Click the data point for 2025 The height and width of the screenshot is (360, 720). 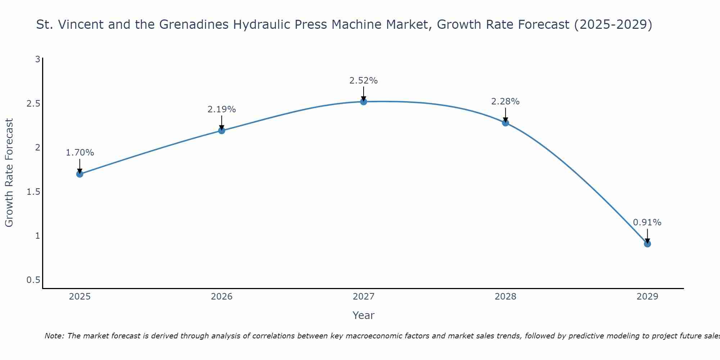80,174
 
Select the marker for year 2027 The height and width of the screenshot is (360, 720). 364,102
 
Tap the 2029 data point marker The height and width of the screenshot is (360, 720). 647,244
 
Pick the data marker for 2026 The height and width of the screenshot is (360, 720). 222,131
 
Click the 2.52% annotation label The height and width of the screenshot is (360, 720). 364,81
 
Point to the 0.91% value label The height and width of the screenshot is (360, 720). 647,222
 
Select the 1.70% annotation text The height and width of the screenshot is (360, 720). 80,153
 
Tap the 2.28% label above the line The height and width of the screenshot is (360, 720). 505,102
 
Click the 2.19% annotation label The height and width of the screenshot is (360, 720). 222,109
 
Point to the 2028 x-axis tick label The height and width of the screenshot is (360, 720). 505,297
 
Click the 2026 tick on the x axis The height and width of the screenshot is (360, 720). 222,297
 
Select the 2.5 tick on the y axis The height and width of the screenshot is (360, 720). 33,104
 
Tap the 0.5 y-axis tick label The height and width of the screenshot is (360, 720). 33,280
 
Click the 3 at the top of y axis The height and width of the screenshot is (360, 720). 37,59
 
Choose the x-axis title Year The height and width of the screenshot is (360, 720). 364,315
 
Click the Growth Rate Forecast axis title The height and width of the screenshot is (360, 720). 9,173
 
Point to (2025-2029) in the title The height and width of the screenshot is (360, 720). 613,24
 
